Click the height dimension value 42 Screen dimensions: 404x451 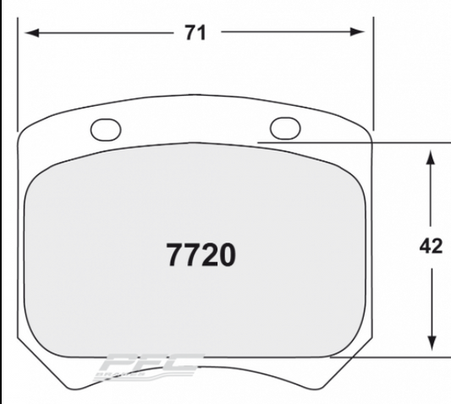tap(431, 247)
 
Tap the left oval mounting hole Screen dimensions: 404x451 tap(106, 128)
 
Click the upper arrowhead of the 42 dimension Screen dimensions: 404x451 tap(431, 157)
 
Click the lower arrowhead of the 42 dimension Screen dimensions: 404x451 tap(431, 342)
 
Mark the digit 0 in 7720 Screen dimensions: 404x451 tap(224, 254)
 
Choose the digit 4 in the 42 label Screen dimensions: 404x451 tap(425, 247)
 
